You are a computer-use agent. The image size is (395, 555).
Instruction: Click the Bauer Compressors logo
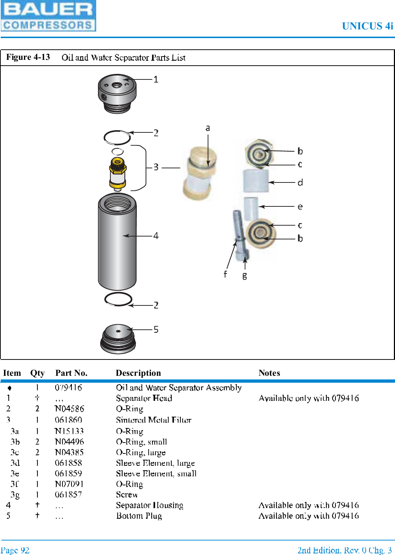[48, 16]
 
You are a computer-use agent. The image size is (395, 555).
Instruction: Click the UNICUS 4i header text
[367, 26]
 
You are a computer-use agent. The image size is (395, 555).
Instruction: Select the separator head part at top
[117, 93]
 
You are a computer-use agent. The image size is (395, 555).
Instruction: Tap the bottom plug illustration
[118, 339]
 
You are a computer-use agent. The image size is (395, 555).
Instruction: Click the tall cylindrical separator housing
[117, 241]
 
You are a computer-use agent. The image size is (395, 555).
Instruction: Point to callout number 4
[156, 236]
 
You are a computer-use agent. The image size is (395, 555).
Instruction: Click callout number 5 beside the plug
[156, 329]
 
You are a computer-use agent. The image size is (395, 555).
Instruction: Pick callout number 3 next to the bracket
[156, 167]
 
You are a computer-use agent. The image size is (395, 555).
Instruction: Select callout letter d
[300, 182]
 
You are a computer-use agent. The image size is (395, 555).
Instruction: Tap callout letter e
[300, 207]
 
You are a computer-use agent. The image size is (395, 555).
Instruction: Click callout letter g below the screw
[245, 276]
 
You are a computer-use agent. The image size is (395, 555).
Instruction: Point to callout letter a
[208, 128]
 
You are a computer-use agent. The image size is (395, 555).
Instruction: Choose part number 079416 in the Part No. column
[68, 387]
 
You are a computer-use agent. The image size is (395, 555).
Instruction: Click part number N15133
[69, 431]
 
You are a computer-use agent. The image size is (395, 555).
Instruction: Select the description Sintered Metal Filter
[153, 420]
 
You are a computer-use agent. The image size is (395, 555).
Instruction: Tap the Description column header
[138, 373]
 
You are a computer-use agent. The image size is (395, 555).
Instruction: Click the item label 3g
[15, 494]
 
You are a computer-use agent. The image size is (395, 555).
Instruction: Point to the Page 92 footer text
[15, 550]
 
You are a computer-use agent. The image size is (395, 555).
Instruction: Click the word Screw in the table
[127, 494]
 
